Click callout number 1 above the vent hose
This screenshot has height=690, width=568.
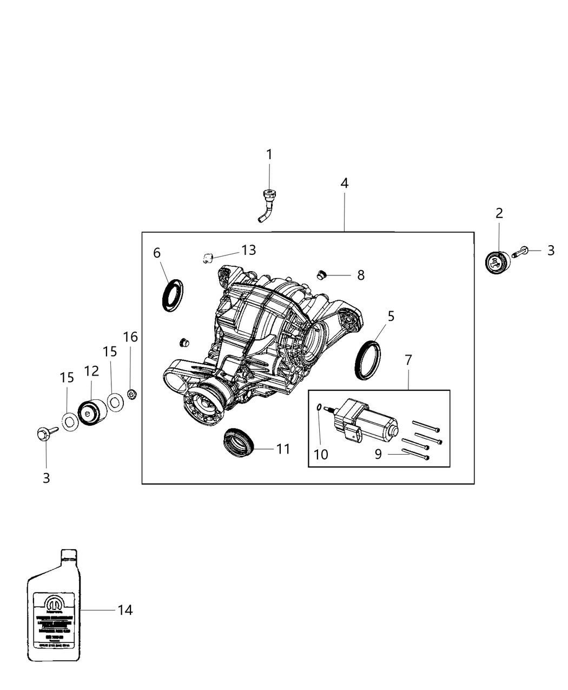point(269,155)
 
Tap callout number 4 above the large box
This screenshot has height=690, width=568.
point(345,183)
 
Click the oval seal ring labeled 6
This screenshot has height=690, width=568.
point(173,295)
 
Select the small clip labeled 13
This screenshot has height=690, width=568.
point(207,257)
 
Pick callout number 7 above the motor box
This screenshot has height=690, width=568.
point(408,359)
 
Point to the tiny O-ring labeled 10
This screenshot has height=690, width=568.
point(320,407)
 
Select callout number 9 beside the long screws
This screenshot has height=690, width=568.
point(378,454)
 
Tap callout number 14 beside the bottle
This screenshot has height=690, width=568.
point(125,610)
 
